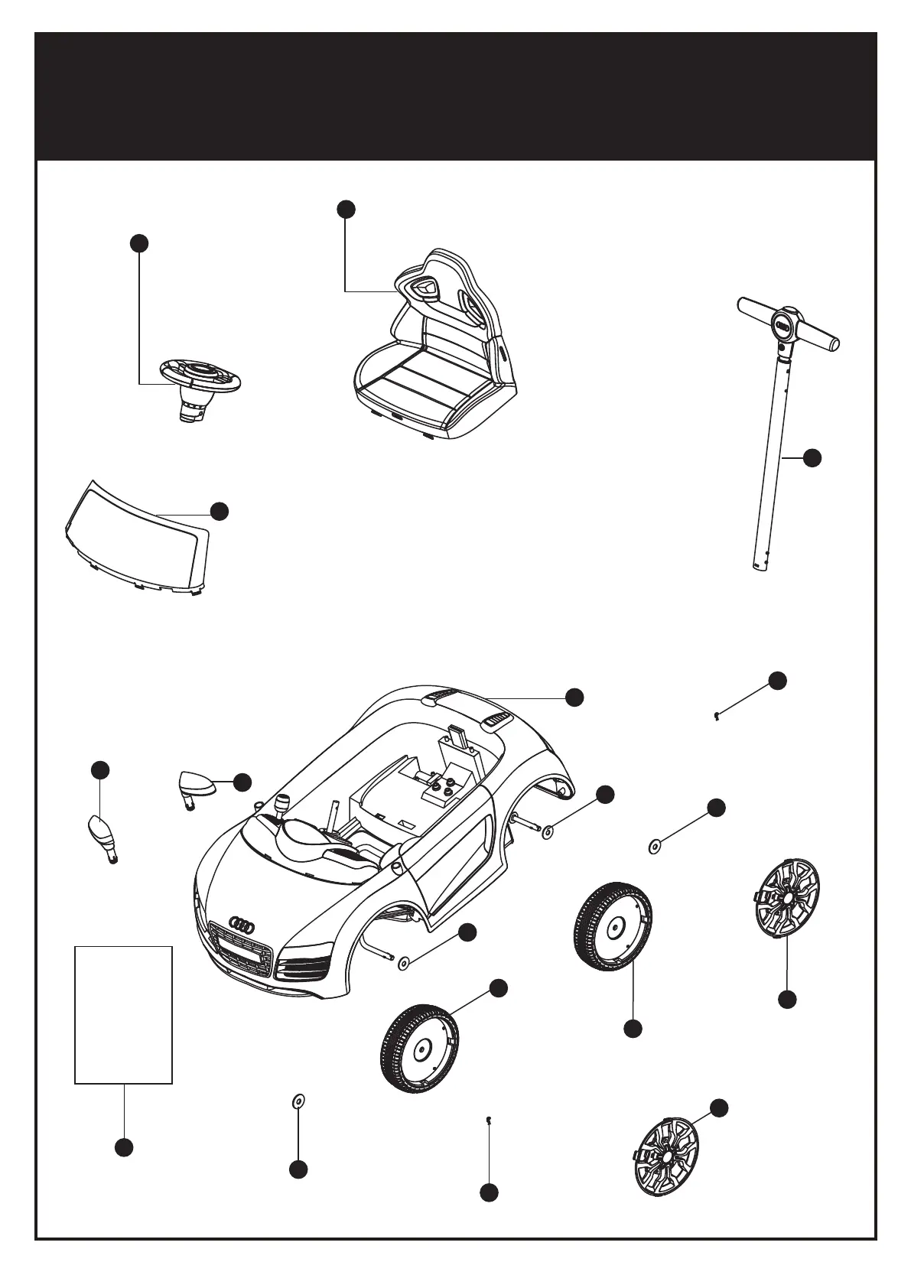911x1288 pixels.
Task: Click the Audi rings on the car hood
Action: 242,924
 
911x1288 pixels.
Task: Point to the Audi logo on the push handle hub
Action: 783,324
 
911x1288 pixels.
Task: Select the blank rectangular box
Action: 123,1014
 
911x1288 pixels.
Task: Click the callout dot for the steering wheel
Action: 138,243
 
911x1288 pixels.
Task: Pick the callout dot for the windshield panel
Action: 220,511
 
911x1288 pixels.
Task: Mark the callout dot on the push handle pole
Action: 812,457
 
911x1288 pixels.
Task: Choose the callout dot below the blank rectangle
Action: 124,1147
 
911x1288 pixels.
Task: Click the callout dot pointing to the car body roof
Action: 574,696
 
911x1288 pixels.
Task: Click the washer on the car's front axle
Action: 403,962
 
